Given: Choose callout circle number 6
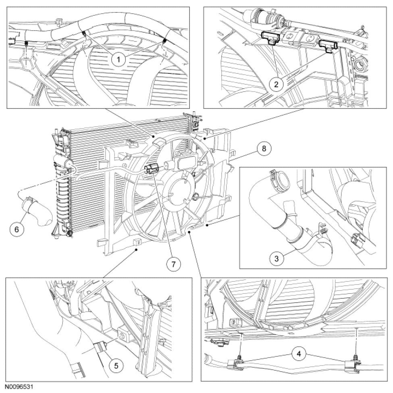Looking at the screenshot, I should pyautogui.click(x=17, y=229).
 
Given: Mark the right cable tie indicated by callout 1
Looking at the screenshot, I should pyautogui.click(x=165, y=41).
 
